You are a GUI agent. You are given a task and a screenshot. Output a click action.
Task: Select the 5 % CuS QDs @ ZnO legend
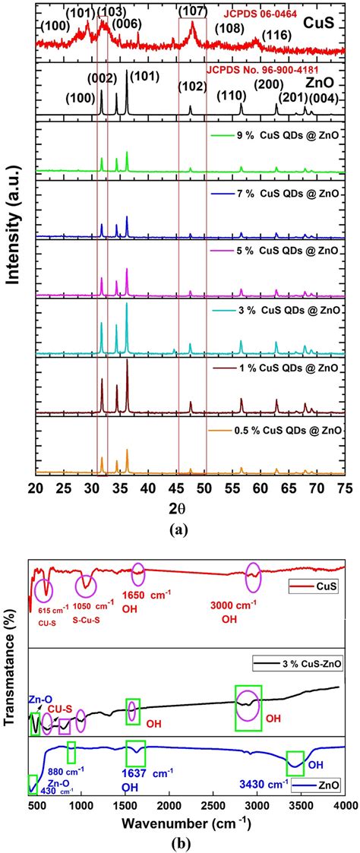[x=280, y=251]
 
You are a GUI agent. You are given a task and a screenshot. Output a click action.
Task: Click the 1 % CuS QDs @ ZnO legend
[x=280, y=368]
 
